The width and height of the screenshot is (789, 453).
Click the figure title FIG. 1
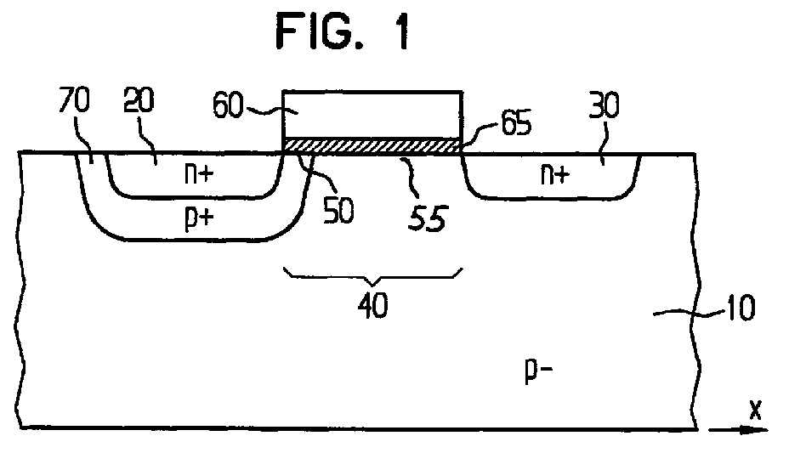(343, 31)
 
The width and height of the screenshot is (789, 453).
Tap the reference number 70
(74, 99)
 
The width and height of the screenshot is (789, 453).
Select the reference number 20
(139, 99)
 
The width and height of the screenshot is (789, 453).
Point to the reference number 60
(229, 106)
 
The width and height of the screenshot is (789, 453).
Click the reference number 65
(516, 122)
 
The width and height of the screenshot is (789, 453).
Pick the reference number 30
(604, 105)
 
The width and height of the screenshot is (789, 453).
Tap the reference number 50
(338, 210)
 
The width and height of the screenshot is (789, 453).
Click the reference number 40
(373, 304)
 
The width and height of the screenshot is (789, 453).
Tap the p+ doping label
(200, 218)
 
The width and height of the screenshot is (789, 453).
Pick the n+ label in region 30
(555, 174)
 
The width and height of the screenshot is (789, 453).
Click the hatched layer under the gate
(372, 145)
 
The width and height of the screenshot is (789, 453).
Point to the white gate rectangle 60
(372, 115)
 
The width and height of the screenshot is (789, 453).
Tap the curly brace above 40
(373, 277)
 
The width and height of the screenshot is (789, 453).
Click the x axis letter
(755, 410)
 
